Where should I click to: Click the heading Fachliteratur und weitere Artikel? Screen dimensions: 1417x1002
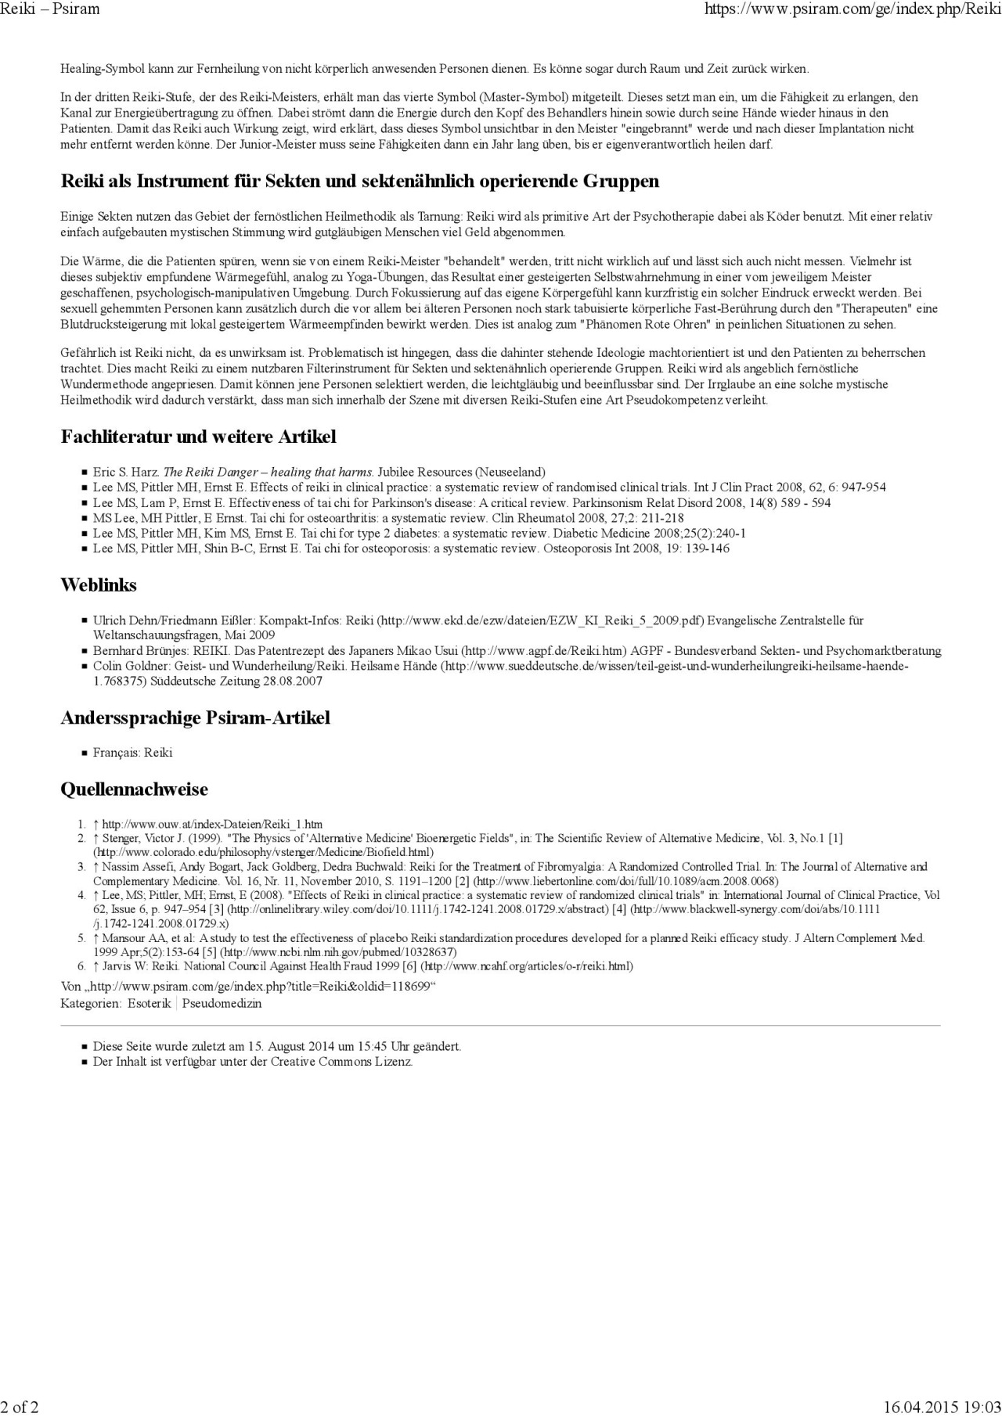(198, 437)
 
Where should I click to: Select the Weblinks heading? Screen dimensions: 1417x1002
(99, 585)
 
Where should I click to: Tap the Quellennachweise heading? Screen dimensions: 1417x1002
(134, 789)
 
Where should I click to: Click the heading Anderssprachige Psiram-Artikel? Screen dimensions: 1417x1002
(195, 717)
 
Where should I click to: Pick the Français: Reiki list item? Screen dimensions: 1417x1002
(132, 753)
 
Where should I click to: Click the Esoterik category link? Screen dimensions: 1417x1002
(149, 1003)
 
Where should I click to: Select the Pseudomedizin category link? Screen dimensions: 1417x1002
(222, 1003)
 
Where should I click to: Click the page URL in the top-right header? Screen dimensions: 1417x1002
(852, 9)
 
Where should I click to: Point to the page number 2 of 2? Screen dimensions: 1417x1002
(20, 1407)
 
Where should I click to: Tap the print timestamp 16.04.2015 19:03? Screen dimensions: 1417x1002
(942, 1407)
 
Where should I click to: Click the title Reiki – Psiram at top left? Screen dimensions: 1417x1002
(50, 9)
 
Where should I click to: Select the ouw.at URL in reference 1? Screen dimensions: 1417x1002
(212, 824)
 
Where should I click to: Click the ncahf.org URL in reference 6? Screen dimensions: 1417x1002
(527, 966)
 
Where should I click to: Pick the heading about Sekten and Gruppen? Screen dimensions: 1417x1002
(360, 182)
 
